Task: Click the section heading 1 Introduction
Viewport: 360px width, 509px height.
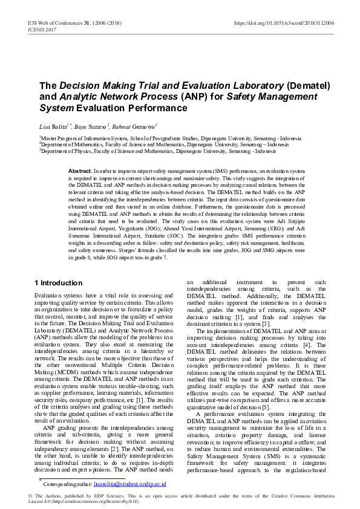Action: pyautogui.click(x=58, y=282)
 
